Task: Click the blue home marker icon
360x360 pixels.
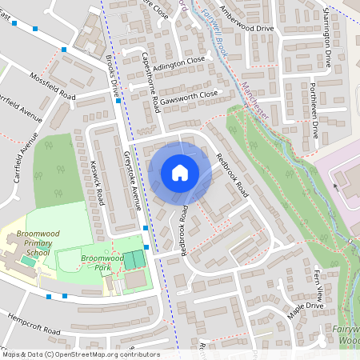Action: click(x=180, y=173)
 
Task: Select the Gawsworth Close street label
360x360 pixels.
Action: click(x=189, y=96)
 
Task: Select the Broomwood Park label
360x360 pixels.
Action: click(x=101, y=263)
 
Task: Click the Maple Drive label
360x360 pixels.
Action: click(x=306, y=306)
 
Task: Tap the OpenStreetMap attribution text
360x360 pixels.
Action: click(x=80, y=354)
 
